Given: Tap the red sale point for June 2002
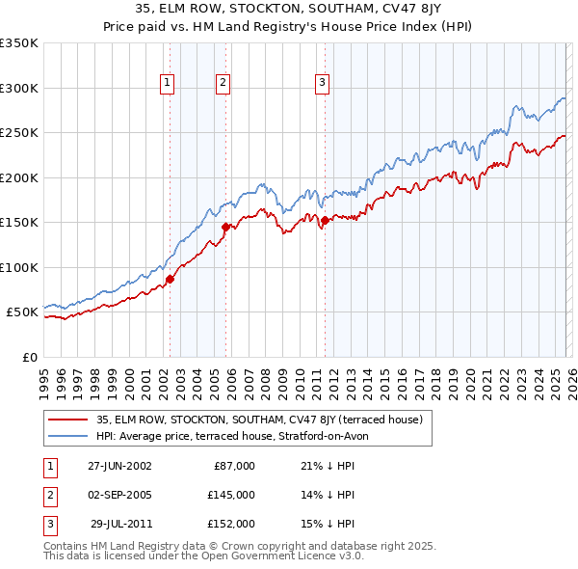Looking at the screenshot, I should point(171,279).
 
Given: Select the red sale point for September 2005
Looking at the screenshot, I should point(225,228).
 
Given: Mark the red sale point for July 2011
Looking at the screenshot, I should point(325,220).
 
